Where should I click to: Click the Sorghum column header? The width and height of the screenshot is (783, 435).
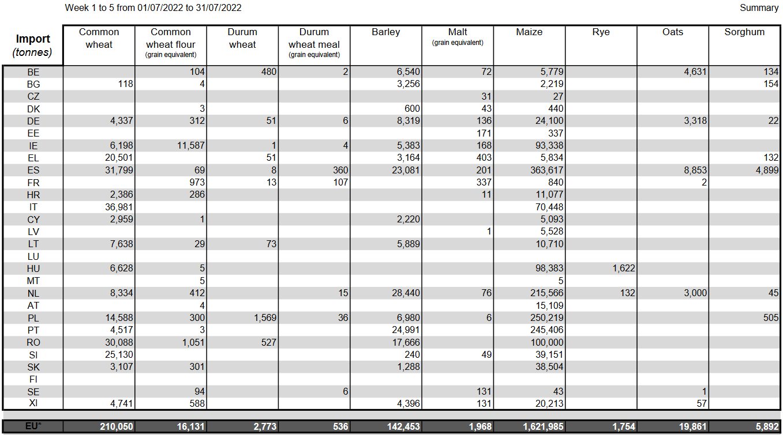pos(744,32)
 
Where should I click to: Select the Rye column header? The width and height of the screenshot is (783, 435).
pos(601,32)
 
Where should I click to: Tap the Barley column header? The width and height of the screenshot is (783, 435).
pos(385,32)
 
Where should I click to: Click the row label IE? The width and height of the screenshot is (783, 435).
pos(33,146)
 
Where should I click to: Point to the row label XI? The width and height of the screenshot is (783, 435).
pos(33,403)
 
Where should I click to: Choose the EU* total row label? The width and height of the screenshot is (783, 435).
pos(33,427)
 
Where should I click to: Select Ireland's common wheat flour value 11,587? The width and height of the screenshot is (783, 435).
pos(188,146)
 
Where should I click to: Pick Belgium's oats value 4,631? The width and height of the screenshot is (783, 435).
pos(692,72)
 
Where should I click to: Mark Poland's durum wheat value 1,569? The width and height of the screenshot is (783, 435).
pos(263,317)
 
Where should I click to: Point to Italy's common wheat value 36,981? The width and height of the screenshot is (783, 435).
pos(116,207)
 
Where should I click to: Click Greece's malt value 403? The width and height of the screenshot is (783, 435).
pos(484,158)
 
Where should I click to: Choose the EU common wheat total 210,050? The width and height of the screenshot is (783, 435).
pos(116,427)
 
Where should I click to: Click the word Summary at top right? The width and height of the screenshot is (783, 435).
pos(759,8)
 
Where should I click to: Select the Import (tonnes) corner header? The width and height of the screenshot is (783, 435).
pos(33,46)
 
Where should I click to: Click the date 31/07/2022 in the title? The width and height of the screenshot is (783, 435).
pos(219,8)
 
